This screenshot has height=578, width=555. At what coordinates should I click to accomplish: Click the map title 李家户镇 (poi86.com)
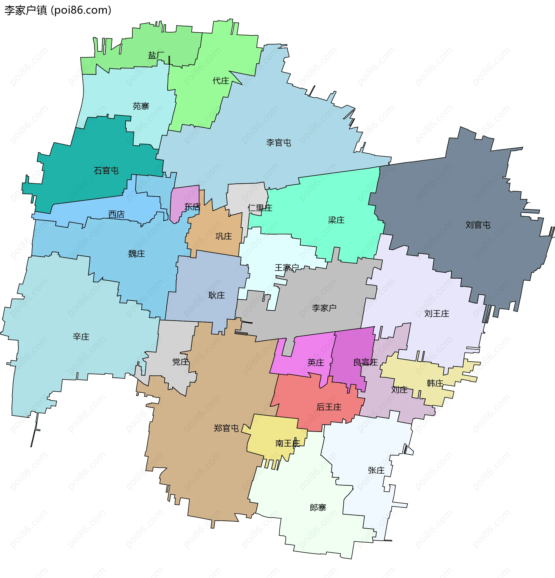pos(58,10)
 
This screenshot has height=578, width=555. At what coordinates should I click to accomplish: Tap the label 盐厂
pos(156,55)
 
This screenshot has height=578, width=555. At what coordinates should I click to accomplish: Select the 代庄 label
pos(221,81)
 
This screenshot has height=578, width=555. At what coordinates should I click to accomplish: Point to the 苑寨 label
pos(141,106)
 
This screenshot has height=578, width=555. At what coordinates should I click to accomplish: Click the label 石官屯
pos(106,171)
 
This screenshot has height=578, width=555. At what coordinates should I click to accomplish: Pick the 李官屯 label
pos(278,143)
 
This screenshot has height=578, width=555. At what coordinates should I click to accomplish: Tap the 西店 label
pos(116,214)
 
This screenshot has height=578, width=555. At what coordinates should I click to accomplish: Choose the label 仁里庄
pos(260,208)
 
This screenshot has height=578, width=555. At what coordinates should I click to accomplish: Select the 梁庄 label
pos(336,220)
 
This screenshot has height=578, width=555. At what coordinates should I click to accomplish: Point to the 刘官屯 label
pos(478,225)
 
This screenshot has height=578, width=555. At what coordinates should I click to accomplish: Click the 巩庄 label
pos(223,236)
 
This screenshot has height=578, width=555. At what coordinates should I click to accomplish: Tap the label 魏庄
pos(136,254)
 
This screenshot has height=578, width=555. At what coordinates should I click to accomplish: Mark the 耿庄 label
pos(217,295)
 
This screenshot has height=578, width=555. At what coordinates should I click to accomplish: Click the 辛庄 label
pos(81,337)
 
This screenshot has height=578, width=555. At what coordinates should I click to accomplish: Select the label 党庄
pos(180,362)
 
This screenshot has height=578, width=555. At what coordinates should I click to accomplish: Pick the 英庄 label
pos(316,362)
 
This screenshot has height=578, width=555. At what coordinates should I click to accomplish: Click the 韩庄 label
pos(435,384)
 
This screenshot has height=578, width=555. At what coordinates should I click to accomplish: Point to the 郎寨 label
pos(318,507)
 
